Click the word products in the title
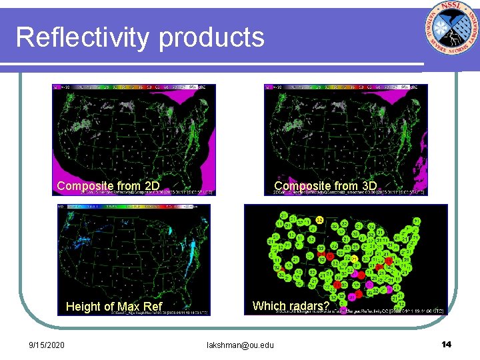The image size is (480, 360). pos(211,39)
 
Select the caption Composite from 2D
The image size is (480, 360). pos(108,186)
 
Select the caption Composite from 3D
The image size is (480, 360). pos(325,186)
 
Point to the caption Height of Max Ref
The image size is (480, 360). pos(114,307)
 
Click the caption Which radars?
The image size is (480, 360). pos(291,306)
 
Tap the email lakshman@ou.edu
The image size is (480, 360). pos(240,345)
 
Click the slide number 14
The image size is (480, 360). pos(446,344)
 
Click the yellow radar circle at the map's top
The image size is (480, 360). pos(320,219)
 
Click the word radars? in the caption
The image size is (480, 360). pos(306,306)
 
